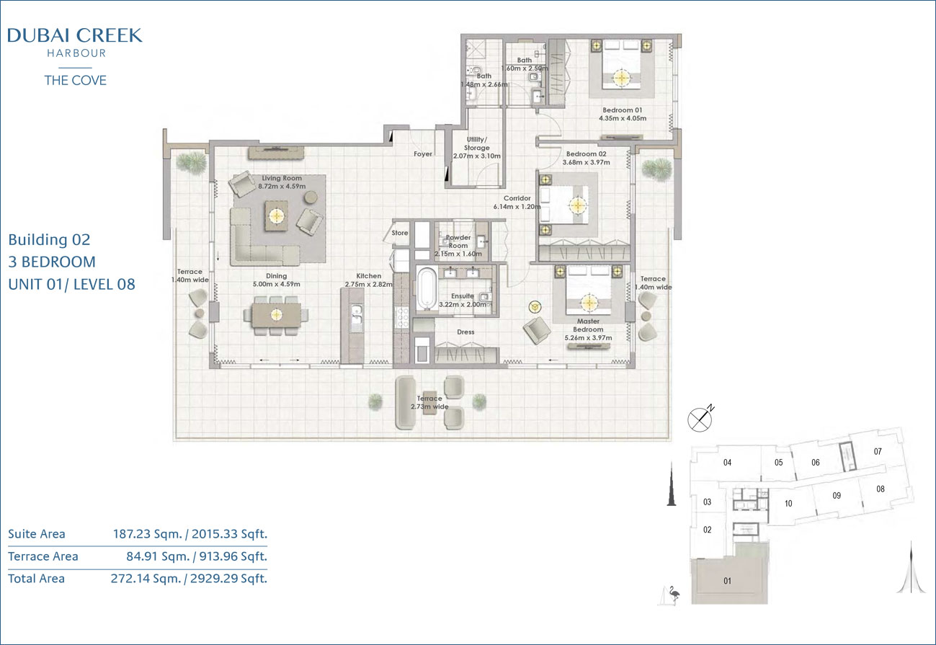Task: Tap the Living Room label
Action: tap(282, 178)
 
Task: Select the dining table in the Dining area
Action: tap(276, 315)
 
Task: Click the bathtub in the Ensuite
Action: tap(427, 289)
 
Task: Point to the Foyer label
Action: tap(423, 154)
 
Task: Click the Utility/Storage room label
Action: tap(477, 143)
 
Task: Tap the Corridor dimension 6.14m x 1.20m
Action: tap(517, 207)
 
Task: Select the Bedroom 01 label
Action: tap(622, 110)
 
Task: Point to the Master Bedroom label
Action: tap(589, 325)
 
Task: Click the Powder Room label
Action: tap(458, 241)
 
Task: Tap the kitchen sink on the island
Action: tap(357, 314)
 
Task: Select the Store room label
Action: tap(400, 233)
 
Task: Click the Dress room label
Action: tap(465, 332)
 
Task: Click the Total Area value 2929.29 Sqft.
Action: tap(228, 579)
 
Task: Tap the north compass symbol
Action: tap(700, 419)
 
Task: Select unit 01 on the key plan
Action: tap(728, 581)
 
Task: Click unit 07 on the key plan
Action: tap(878, 451)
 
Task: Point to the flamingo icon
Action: tap(673, 595)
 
